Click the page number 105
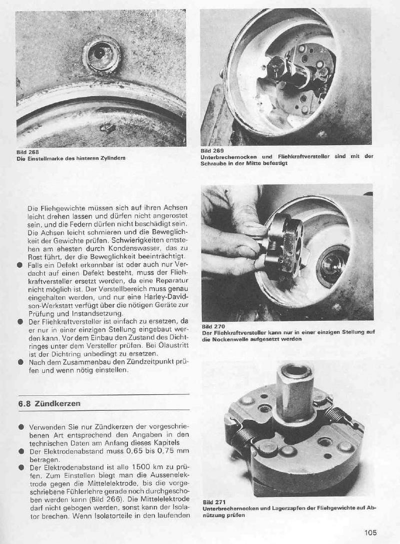pyautogui.click(x=370, y=532)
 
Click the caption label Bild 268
pyautogui.click(x=27, y=152)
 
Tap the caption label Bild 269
pyautogui.click(x=212, y=150)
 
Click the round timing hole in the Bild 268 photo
pyautogui.click(x=100, y=53)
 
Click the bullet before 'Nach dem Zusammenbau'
pyautogui.click(x=20, y=362)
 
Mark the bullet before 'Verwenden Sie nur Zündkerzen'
pyautogui.click(x=20, y=427)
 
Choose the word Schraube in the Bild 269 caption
pyautogui.click(x=214, y=163)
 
